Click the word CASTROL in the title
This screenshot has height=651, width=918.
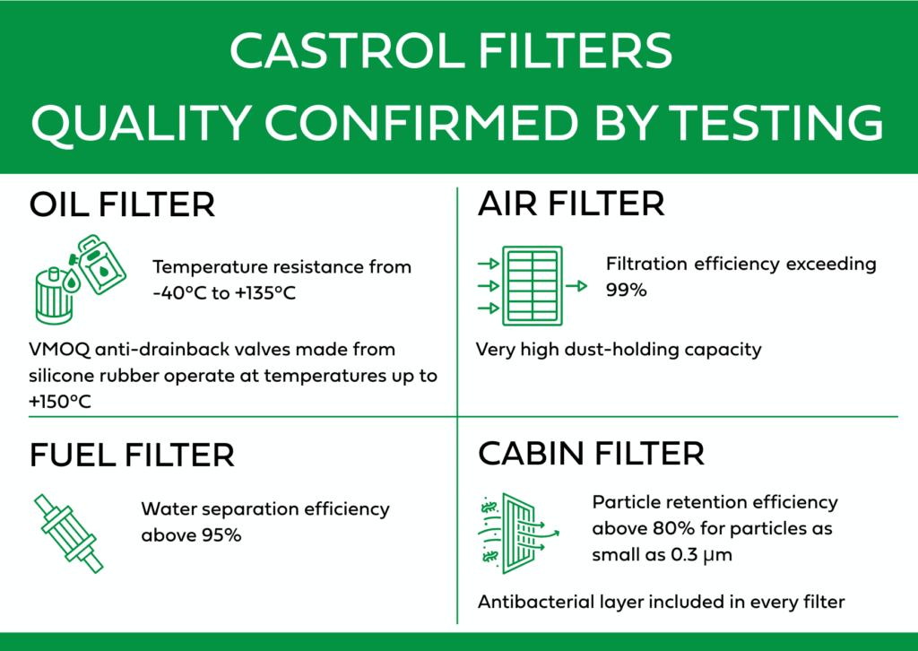point(347,51)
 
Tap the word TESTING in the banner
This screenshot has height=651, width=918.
point(775,123)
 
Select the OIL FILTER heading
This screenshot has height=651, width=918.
point(122,204)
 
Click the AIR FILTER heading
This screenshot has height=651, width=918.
point(571,204)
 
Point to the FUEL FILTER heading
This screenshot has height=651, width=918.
point(132,456)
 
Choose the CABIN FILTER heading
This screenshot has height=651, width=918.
point(591,453)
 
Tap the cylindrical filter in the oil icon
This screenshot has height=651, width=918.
point(55,296)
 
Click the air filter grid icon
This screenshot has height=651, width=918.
point(533,286)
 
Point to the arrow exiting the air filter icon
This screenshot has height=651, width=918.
point(576,286)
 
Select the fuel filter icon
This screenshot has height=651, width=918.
point(68,534)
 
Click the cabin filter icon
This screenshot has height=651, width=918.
point(518,534)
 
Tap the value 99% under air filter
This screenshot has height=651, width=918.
point(626,290)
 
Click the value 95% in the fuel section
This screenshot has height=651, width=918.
point(221,535)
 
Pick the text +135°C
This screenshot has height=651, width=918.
point(265,292)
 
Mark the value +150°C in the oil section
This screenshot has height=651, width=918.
point(60,402)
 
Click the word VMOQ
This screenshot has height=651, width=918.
point(59,350)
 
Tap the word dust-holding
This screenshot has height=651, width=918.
point(621,350)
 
